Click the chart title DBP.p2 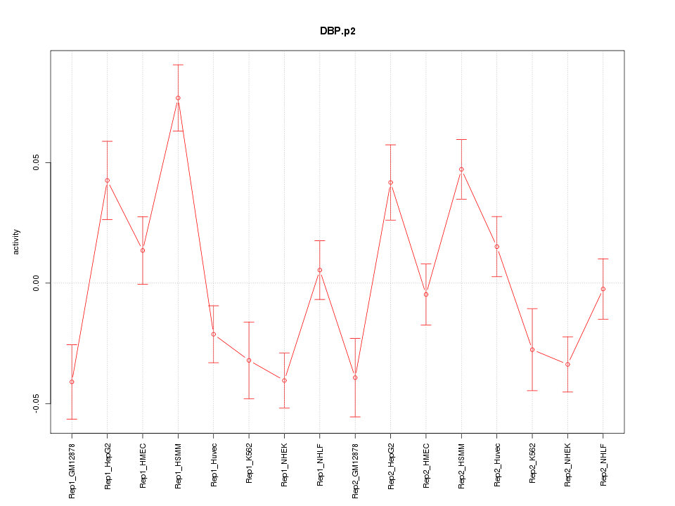[337, 31]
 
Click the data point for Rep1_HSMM [178, 98]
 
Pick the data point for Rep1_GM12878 [72, 382]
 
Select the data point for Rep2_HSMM [461, 169]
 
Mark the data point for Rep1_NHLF [320, 270]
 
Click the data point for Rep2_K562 [532, 349]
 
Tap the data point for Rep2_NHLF [603, 289]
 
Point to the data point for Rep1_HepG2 [108, 181]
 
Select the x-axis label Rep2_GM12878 [355, 470]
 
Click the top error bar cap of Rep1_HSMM [178, 65]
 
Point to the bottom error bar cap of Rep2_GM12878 [355, 417]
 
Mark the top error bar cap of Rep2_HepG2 [391, 145]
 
